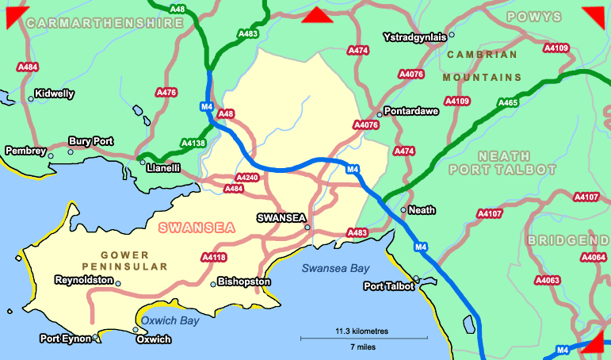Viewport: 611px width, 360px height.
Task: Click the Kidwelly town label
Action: point(55,94)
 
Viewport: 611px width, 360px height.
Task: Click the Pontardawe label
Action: point(411,111)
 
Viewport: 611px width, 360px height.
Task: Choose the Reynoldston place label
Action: point(83,281)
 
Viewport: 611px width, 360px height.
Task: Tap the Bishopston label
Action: point(244,281)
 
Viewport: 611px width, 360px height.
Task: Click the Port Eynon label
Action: point(66,339)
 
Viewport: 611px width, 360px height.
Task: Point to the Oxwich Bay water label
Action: point(170,320)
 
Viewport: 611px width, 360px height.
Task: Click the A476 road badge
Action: point(166,93)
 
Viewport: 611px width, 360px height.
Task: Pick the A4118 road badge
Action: point(214,257)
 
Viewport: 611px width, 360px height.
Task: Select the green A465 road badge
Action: point(507,102)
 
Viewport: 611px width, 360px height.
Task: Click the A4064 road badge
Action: point(594,257)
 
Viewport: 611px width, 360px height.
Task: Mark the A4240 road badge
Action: point(247,177)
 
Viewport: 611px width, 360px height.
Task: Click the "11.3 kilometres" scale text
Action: point(362,331)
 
